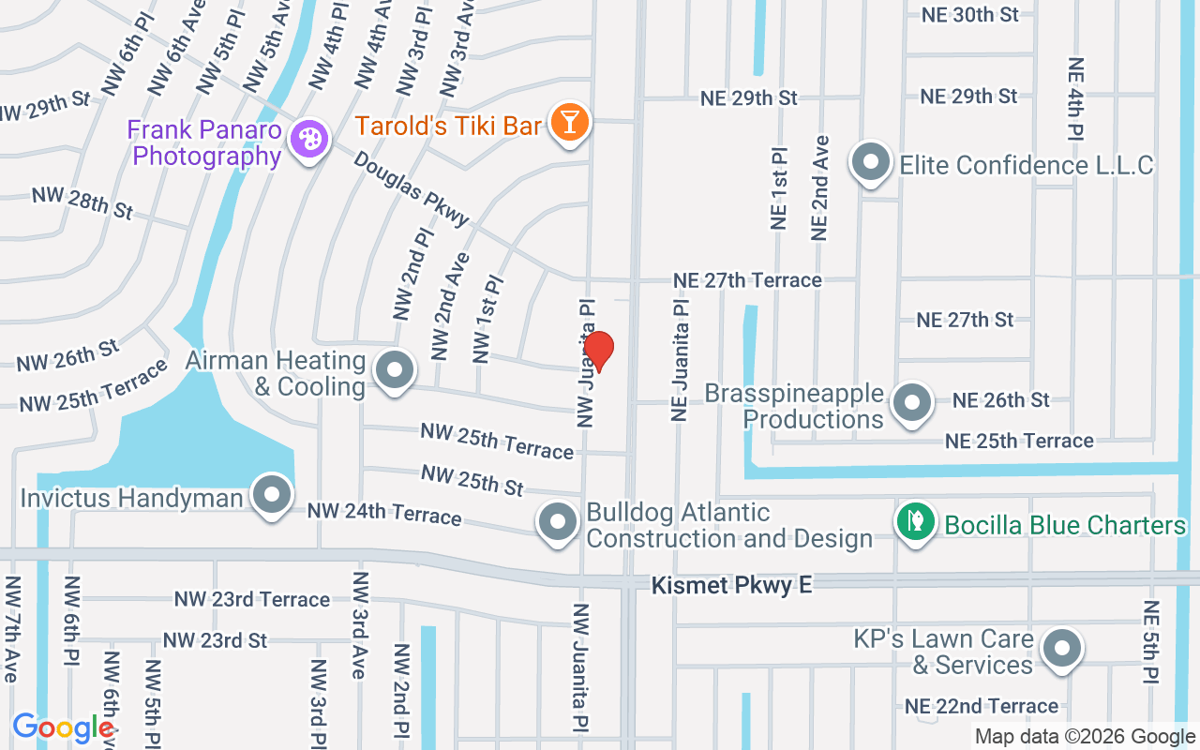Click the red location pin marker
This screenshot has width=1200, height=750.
(598, 352)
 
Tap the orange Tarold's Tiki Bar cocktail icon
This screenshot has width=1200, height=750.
(568, 123)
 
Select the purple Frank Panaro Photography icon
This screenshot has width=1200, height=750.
(307, 141)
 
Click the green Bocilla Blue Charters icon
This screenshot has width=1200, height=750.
(915, 522)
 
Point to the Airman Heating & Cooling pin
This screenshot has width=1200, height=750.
(395, 369)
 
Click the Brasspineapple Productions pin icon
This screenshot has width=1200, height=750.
(910, 403)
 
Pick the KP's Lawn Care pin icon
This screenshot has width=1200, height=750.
(1062, 647)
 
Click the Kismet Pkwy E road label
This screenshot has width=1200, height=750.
(732, 585)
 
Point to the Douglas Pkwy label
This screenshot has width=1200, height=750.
(412, 189)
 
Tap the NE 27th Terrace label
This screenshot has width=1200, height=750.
(747, 280)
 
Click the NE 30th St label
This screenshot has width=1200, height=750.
(969, 15)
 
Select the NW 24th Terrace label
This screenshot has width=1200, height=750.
(384, 514)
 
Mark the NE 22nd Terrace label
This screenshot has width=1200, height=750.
(981, 706)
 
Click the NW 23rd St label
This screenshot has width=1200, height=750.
(215, 640)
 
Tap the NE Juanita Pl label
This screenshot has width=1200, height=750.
(680, 360)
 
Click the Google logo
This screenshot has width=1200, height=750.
(64, 727)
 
